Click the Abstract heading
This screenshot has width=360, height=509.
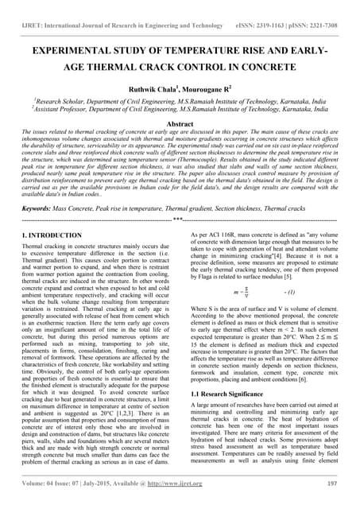pos(180,124)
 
